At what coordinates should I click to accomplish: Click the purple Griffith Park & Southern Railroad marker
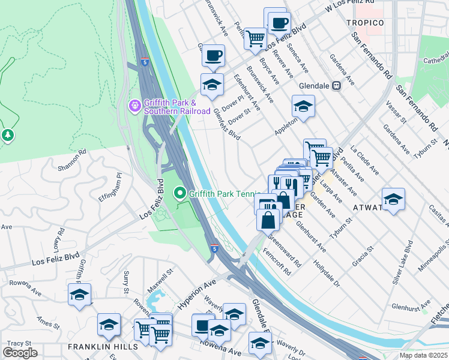[134, 106]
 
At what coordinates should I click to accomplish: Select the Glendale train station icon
[337, 85]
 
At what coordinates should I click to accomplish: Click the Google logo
[20, 353]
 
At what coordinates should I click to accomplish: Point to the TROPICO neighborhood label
[365, 23]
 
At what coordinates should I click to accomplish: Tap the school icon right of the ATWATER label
[393, 199]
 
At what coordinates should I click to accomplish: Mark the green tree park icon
[8, 136]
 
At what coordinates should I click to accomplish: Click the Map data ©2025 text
[424, 355]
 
